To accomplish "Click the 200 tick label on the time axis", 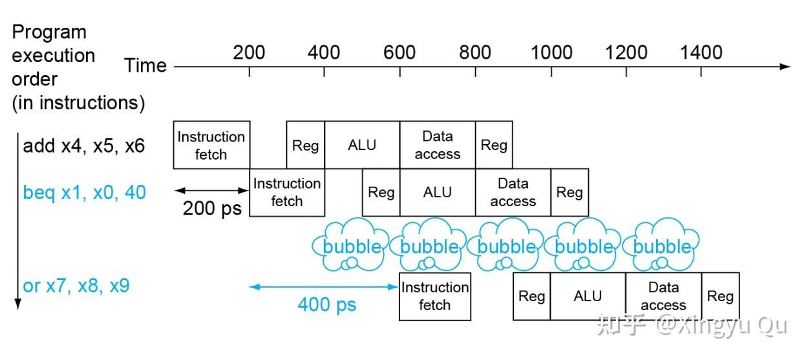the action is point(249,52).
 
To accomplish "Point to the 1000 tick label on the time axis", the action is point(551,52).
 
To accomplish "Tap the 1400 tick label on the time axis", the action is point(701,52).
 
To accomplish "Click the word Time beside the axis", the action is point(145,66).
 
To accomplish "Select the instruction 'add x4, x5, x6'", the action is point(83,146).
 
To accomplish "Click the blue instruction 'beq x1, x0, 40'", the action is point(85,192).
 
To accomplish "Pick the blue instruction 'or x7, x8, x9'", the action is point(76,286).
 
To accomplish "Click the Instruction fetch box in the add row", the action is point(211,145).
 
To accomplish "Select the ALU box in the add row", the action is point(362,145).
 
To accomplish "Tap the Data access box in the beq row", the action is point(513,192).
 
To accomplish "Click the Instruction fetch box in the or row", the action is point(435,297).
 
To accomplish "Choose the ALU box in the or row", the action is point(588,297).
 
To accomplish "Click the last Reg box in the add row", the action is point(494,145).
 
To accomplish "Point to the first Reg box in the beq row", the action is point(381,192).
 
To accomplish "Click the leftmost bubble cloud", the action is point(350,244).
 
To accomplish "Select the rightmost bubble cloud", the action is point(661,244).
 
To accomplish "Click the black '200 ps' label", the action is point(212,209).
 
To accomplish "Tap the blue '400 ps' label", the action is point(327,304).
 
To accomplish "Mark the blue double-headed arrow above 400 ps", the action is point(324,287).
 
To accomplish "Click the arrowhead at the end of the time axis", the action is point(786,67).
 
